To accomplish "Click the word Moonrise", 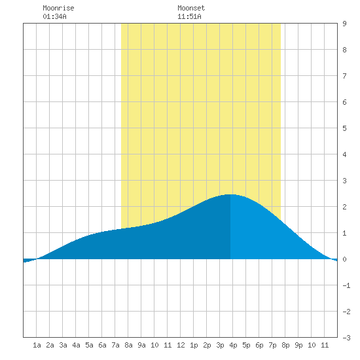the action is pos(58,8).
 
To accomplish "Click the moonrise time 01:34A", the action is pos(54,16).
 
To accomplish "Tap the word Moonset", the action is pos(191,8).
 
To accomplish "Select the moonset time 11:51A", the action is pos(189,16).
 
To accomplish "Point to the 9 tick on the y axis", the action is pos(344,24).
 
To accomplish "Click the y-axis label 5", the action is pos(344,128).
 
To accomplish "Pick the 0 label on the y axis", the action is pos(344,259).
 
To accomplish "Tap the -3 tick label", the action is pos(346,338).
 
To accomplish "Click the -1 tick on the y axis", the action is pos(346,285).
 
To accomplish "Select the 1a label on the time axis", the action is pos(37,345).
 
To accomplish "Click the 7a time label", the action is pos(115,345).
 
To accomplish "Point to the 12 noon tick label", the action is pos(181,345).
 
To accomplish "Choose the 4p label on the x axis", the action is pos(233,345).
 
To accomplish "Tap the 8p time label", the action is pos(285,345).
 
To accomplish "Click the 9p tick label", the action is pos(298,345).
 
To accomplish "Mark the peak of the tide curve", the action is pos(230,194).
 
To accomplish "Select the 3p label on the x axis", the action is pos(220,345).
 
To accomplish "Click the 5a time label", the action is pos(89,345).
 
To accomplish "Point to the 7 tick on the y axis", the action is pos(344,76).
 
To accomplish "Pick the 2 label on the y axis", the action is pos(344,207).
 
